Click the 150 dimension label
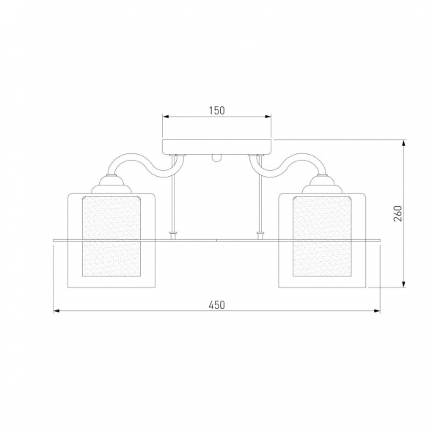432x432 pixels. click(217, 111)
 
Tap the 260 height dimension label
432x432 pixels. click(398, 213)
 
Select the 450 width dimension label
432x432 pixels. click(216, 305)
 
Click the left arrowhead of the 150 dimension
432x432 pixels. click(166, 117)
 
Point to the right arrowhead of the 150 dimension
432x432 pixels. click(268, 117)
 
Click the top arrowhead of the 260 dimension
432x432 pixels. click(404, 143)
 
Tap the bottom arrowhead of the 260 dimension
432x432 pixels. click(404, 285)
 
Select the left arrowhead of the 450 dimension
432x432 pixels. click(56, 311)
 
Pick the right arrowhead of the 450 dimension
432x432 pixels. click(377, 311)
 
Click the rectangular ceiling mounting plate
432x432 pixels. click(217, 147)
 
